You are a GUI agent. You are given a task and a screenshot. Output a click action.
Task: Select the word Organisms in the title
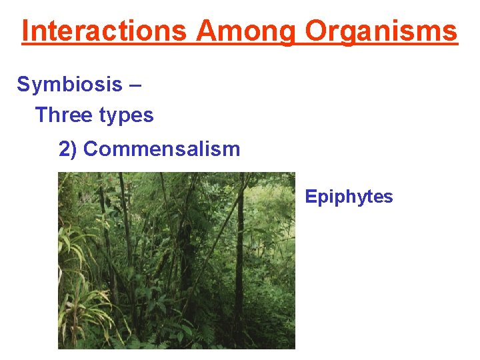[382, 31]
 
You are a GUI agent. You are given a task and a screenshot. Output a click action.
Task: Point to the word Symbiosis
[70, 85]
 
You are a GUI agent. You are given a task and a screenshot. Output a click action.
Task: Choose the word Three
[63, 115]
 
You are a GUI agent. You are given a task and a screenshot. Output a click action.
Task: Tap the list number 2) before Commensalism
[69, 149]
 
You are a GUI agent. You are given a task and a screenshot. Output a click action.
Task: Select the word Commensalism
[161, 149]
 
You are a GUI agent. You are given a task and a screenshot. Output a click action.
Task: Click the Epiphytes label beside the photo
[349, 197]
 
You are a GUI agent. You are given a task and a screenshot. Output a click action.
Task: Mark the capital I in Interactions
[25, 31]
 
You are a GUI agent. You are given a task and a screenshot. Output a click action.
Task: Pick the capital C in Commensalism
[91, 149]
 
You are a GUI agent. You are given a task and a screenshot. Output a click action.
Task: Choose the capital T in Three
[41, 115]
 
